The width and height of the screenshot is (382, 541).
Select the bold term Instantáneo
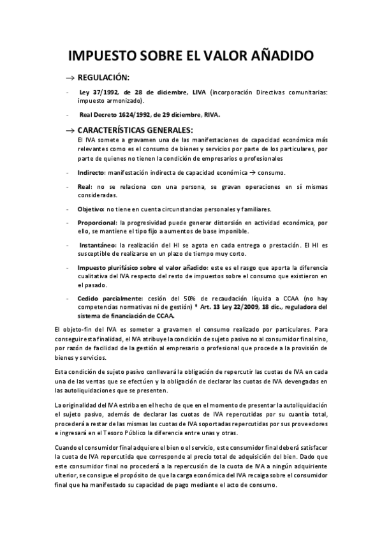click(98, 246)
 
